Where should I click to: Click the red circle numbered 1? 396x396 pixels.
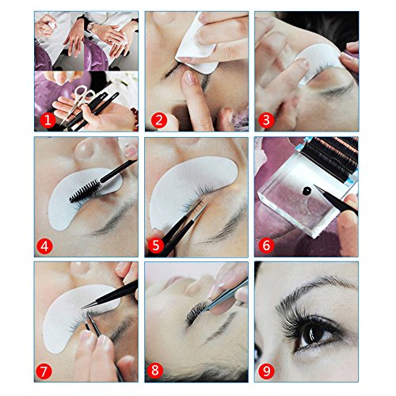tap(48, 120)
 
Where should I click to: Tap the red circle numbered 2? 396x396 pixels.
tap(159, 120)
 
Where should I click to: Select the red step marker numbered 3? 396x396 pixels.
tap(266, 120)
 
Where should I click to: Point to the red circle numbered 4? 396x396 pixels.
tap(44, 246)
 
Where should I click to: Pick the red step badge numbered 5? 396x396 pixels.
tap(155, 246)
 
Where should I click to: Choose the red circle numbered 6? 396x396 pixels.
tap(266, 246)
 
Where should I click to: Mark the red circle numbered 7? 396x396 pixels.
tap(44, 371)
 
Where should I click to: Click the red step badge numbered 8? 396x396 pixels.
tap(155, 370)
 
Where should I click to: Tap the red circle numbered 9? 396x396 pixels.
tap(266, 371)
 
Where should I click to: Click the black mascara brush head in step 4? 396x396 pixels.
tap(86, 191)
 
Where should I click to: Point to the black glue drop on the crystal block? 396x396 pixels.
tap(307, 190)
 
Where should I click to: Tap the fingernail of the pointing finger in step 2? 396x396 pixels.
tap(189, 78)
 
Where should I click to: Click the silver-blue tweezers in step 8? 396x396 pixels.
tap(224, 295)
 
